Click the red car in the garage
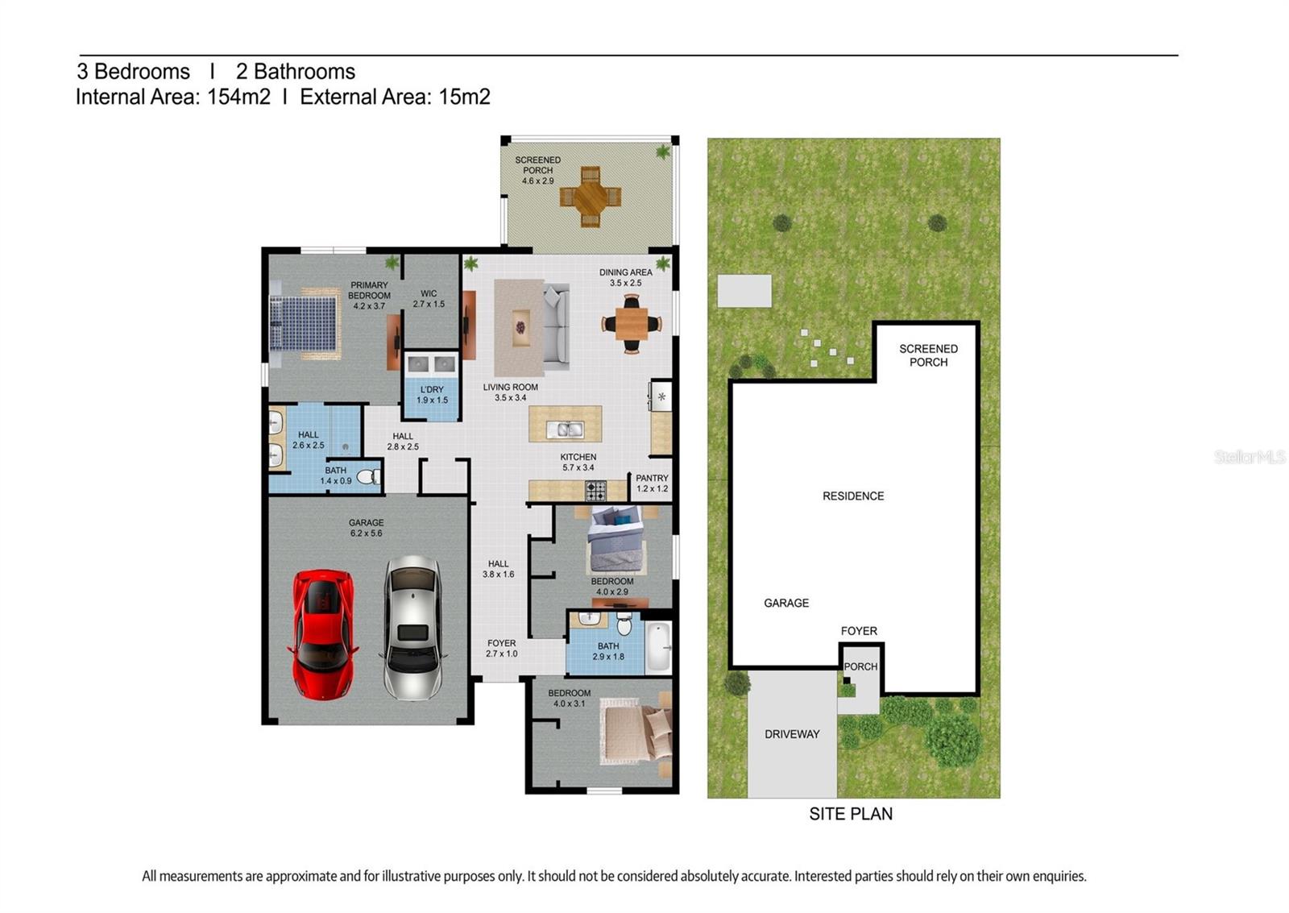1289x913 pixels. pos(323,634)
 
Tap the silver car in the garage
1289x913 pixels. pos(412,628)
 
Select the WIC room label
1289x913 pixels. pos(429,299)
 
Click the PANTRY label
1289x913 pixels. pos(652,483)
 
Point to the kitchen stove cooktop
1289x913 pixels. pos(595,491)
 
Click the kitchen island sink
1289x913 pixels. pos(566,430)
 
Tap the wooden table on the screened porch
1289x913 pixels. pos(591,197)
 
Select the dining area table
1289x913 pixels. pos(632,324)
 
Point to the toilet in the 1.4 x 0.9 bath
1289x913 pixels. pos(368,477)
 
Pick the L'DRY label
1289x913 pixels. pos(432,395)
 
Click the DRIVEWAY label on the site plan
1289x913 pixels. pos(792,734)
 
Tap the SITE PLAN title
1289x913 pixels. pos(851,813)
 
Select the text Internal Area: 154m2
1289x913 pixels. pos(172,97)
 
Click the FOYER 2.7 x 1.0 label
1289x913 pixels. pos(501,648)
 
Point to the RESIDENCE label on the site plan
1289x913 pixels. pos(853,496)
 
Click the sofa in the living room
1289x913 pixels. pos(557,326)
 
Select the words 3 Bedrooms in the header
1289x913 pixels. pos(133,72)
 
